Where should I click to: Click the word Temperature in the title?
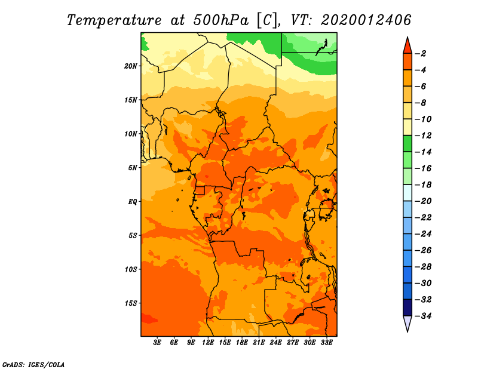pyautogui.click(x=114, y=20)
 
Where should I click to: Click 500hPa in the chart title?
pyautogui.click(x=220, y=20)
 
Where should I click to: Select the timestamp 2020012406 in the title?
pyautogui.click(x=366, y=20)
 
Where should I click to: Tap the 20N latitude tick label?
pyautogui.click(x=130, y=66)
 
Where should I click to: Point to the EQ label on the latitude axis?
pyautogui.click(x=132, y=202)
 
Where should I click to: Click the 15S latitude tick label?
pyautogui.click(x=130, y=303)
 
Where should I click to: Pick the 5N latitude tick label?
pyautogui.click(x=132, y=168)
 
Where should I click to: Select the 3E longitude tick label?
pyautogui.click(x=157, y=343)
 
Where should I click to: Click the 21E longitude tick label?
pyautogui.click(x=259, y=343)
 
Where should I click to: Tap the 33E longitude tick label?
pyautogui.click(x=326, y=343)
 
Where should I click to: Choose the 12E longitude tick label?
pyautogui.click(x=208, y=343)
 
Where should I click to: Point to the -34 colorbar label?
pyautogui.click(x=423, y=316)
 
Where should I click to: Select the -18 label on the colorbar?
pyautogui.click(x=423, y=184)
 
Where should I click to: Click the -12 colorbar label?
pyautogui.click(x=423, y=136)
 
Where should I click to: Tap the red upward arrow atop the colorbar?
pyautogui.click(x=407, y=47)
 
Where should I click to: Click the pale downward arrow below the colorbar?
pyautogui.click(x=407, y=323)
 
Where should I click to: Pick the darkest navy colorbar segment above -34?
pyautogui.click(x=407, y=307)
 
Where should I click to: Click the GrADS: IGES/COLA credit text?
pyautogui.click(x=33, y=365)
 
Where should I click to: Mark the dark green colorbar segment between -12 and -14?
pyautogui.click(x=407, y=144)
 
